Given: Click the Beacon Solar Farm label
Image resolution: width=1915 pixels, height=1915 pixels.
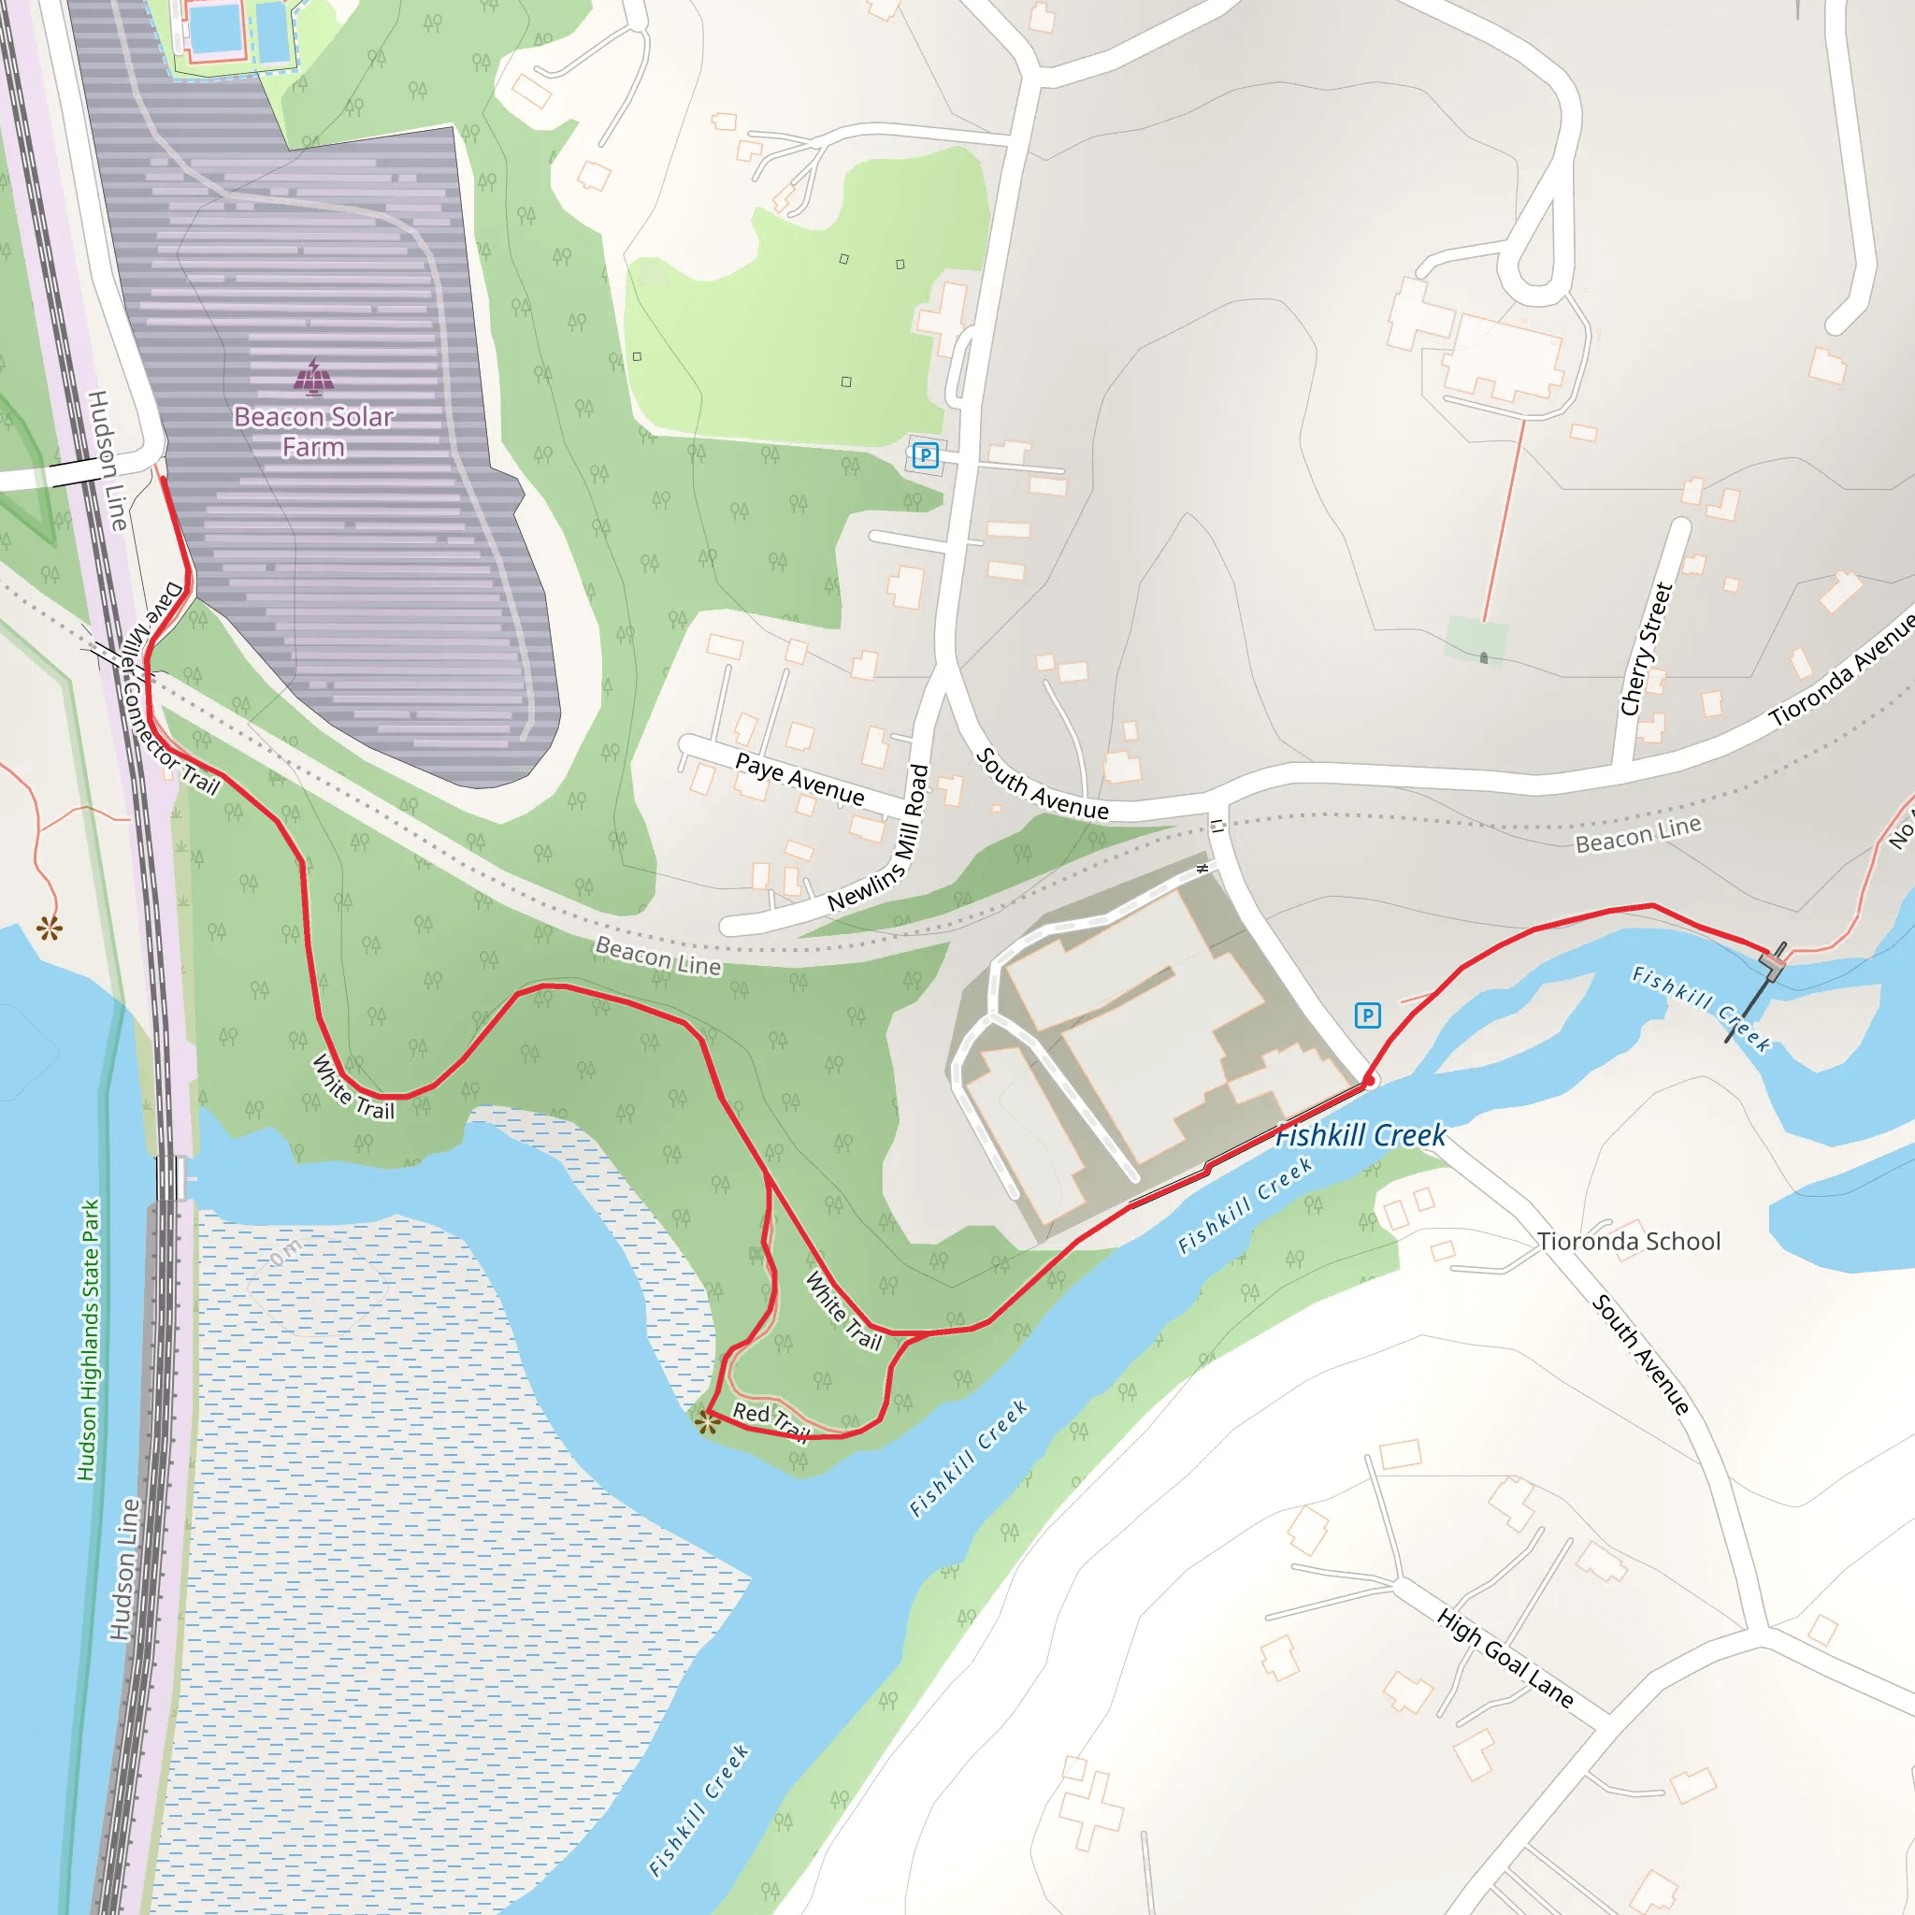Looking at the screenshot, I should [x=313, y=432].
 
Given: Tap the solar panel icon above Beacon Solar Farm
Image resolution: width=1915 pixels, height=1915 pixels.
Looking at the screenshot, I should [x=313, y=377].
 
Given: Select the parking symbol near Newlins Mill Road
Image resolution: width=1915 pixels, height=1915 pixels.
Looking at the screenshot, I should [x=925, y=455].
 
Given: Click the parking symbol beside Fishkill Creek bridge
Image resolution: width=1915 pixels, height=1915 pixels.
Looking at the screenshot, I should [x=1367, y=1015].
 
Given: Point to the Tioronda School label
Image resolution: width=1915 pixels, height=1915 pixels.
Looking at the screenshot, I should [x=1628, y=1241].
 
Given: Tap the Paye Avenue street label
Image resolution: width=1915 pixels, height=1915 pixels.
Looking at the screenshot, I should [x=799, y=778].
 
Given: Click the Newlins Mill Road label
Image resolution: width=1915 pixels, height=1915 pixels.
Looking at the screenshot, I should [x=880, y=839].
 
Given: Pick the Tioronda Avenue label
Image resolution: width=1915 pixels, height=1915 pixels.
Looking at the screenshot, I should [x=1842, y=670].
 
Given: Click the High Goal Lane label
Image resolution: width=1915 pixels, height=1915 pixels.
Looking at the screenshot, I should [x=1505, y=1658].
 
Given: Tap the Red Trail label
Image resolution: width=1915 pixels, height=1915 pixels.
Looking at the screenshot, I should [x=770, y=1420].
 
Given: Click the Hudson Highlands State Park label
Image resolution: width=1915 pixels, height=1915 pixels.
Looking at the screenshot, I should [x=89, y=1340].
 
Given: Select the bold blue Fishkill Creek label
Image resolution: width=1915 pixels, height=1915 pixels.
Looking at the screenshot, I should [x=1360, y=1136].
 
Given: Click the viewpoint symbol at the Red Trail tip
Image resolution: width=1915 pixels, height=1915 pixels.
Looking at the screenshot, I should [x=707, y=1424].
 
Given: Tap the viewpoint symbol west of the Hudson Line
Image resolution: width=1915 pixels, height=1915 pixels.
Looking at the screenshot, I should [x=49, y=929].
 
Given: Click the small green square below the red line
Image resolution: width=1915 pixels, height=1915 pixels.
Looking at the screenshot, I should [x=1476, y=638].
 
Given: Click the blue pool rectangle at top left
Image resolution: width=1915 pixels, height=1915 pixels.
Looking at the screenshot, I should [x=216, y=28].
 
